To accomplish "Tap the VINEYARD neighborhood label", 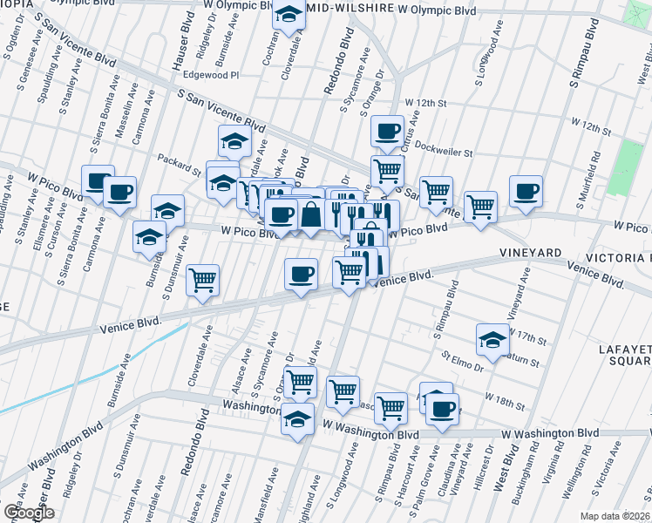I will point(530,252).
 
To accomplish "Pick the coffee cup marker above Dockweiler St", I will point(387,132).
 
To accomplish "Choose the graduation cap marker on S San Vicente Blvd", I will point(234,141).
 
